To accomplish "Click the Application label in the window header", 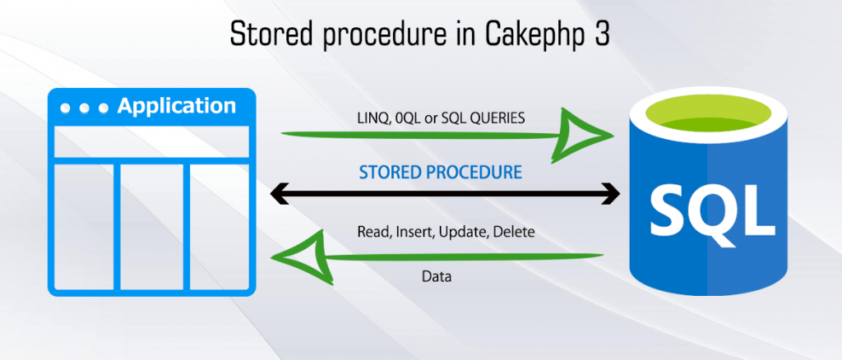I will point(176,106).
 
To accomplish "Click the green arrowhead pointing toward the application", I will point(303,256).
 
